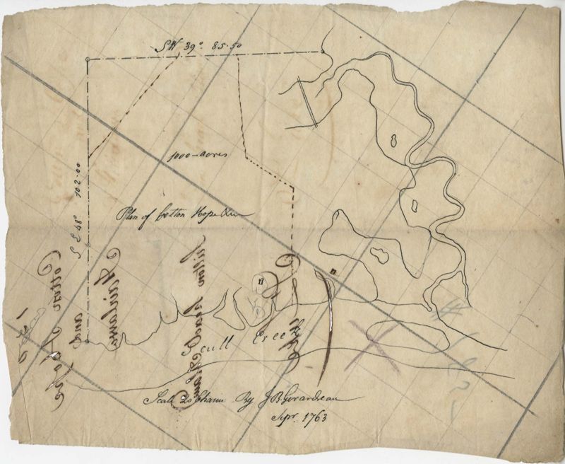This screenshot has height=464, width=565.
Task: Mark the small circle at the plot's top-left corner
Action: pyautogui.click(x=86, y=59)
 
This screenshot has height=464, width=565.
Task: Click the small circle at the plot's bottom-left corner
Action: pyautogui.click(x=86, y=340)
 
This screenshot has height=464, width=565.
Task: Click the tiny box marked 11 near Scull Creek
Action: pyautogui.click(x=262, y=281)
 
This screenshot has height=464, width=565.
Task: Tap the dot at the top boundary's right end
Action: pyautogui.click(x=322, y=51)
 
